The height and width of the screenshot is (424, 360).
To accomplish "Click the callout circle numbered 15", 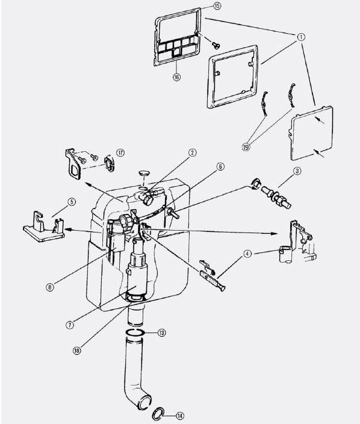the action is pyautogui.click(x=217, y=5).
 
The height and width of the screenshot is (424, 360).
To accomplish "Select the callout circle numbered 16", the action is pyautogui.click(x=176, y=77).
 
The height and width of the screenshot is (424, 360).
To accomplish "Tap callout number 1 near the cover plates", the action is pyautogui.click(x=301, y=37).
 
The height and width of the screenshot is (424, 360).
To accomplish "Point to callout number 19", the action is pyautogui.click(x=246, y=147).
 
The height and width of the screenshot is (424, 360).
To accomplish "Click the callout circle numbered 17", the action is pyautogui.click(x=120, y=153).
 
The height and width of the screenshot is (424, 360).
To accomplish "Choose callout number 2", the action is pyautogui.click(x=192, y=152).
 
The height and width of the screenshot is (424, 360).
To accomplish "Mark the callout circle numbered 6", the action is pyautogui.click(x=220, y=167).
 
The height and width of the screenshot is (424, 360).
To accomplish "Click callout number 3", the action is pyautogui.click(x=297, y=171).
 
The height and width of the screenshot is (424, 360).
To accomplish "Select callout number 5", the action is pyautogui.click(x=72, y=202).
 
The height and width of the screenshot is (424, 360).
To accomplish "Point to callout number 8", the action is pyautogui.click(x=49, y=287).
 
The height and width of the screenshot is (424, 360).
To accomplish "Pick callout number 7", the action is pyautogui.click(x=70, y=325).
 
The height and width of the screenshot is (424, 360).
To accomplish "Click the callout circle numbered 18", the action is pyautogui.click(x=77, y=351).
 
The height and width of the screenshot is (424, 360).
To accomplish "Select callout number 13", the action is pyautogui.click(x=161, y=332).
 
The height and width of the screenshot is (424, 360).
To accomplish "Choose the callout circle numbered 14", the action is pyautogui.click(x=180, y=416).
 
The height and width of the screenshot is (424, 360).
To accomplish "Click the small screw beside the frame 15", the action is pyautogui.click(x=216, y=45).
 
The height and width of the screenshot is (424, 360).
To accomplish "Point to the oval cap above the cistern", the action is pyautogui.click(x=144, y=173).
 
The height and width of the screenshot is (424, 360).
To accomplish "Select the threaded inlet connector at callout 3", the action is pyautogui.click(x=276, y=197).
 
